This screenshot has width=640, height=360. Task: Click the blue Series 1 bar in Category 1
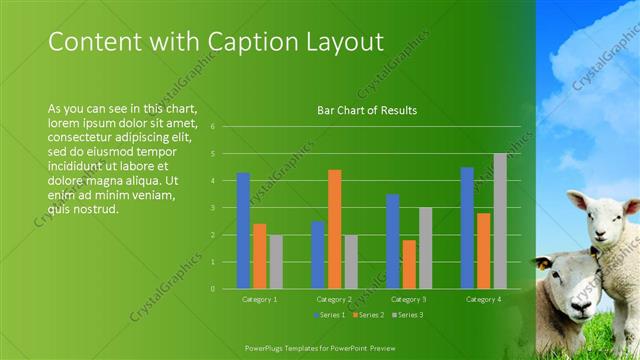tap(243, 231)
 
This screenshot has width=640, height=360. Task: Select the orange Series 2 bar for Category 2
tap(334, 229)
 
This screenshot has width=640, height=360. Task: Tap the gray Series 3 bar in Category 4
tap(499, 221)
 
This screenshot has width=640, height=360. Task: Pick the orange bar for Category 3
tap(408, 264)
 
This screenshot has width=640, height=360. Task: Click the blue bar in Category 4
tap(467, 228)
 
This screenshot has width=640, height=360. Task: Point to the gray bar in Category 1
tap(275, 262)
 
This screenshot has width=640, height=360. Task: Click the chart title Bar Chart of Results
tap(367, 110)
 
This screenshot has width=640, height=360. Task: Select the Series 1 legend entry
tap(331, 314)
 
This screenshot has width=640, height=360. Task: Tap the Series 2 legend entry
tap(367, 314)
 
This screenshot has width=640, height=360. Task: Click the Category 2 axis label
tap(334, 299)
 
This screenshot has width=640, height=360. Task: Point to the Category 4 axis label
tap(483, 299)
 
